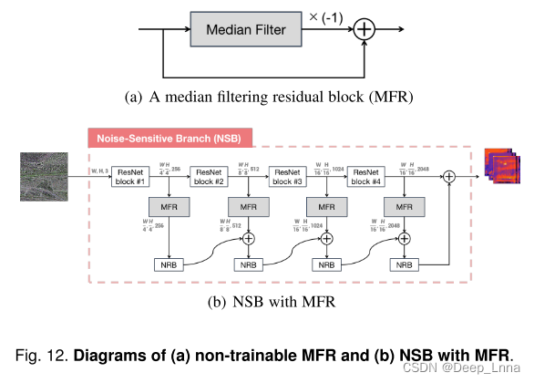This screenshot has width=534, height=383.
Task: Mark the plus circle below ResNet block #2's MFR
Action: [x=247, y=240]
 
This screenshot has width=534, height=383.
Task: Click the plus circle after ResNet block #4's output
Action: [x=448, y=175]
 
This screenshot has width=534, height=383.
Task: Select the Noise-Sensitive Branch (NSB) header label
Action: [x=170, y=139]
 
